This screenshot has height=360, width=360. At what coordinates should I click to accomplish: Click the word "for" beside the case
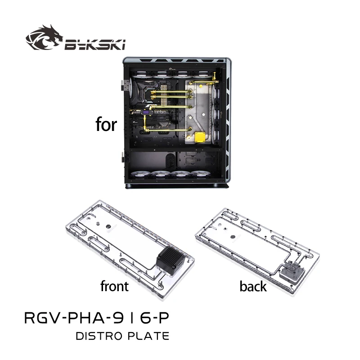(x=106, y=125)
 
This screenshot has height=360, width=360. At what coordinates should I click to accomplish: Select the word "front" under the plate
(x=114, y=286)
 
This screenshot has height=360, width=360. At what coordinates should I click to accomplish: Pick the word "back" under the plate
(x=253, y=286)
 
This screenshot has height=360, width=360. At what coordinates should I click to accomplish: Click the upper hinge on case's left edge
(x=122, y=84)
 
